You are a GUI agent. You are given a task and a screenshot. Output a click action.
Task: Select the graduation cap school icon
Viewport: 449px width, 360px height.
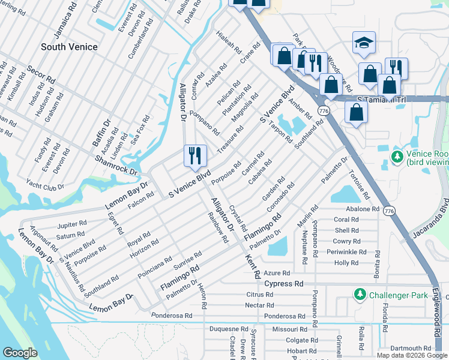tap(364, 42)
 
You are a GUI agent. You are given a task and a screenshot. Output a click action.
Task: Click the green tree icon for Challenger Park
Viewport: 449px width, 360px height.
tap(360, 295)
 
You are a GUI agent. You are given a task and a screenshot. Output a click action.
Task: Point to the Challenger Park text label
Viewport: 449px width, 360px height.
tap(399, 295)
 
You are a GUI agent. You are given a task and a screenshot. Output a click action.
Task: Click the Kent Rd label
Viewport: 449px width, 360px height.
tap(252, 267)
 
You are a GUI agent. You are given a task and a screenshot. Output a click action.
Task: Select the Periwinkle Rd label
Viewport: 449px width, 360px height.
tap(347, 252)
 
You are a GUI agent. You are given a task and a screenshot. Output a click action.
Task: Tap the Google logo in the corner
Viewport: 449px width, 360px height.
tap(21, 352)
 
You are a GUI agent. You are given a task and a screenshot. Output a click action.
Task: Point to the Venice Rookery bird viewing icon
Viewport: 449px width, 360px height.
tap(396, 157)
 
